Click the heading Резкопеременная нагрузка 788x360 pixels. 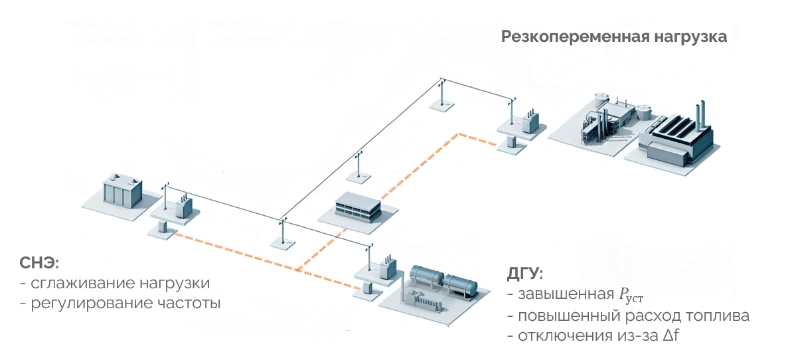pos(614,37)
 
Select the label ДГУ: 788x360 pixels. pos(524,274)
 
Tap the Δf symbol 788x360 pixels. pos(672,336)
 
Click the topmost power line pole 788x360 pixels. pos(440,93)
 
